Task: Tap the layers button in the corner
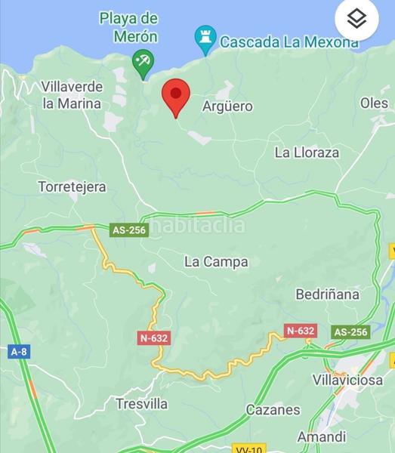pyautogui.click(x=356, y=20)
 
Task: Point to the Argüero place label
pyautogui.click(x=227, y=106)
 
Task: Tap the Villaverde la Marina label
pyautogui.click(x=72, y=94)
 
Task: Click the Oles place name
pyautogui.click(x=374, y=103)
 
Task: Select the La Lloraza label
pyautogui.click(x=307, y=153)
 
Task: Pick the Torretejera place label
pyautogui.click(x=72, y=186)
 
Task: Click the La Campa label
pyautogui.click(x=216, y=262)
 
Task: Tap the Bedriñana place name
pyautogui.click(x=327, y=294)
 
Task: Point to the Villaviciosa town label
pyautogui.click(x=348, y=380)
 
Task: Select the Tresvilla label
pyautogui.click(x=142, y=404)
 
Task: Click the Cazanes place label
pyautogui.click(x=273, y=410)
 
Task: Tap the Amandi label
pyautogui.click(x=322, y=436)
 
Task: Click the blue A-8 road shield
pyautogui.click(x=19, y=351)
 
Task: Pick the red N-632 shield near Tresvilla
pyautogui.click(x=153, y=338)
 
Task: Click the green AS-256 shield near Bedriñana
pyautogui.click(x=350, y=331)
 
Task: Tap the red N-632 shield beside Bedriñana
pyautogui.click(x=300, y=331)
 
